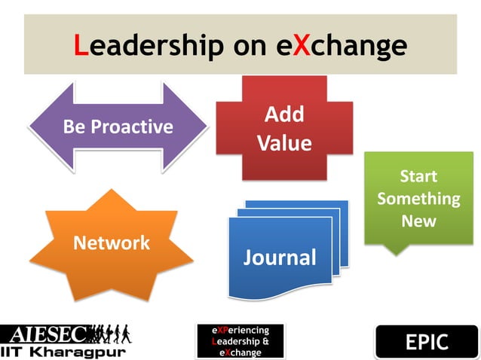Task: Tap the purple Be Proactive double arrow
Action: point(118,127)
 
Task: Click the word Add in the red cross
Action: point(284,114)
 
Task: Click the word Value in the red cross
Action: point(284,143)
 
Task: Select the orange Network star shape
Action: point(111,243)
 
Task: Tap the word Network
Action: point(111,243)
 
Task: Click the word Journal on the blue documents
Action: point(280,258)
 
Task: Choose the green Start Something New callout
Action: point(418,197)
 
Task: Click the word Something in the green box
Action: point(418,200)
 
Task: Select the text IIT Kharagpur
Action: point(63,351)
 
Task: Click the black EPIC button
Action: point(426,343)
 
